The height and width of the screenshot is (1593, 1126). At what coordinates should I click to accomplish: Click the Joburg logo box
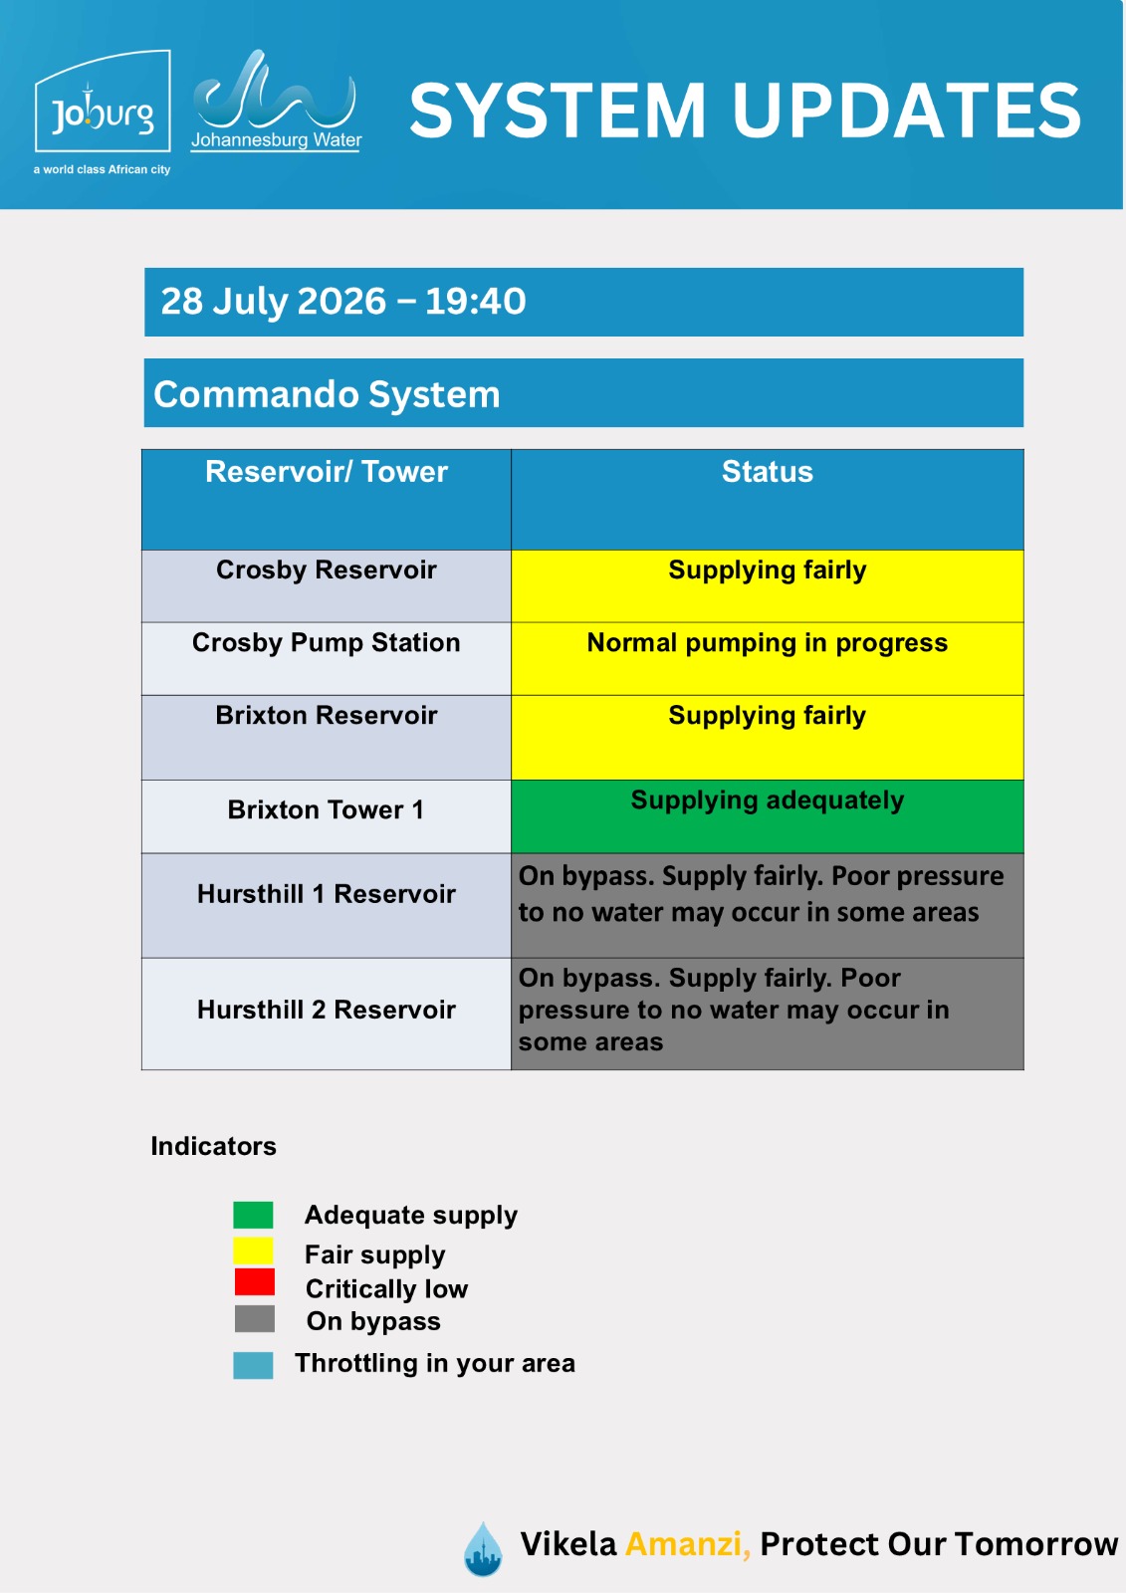click(103, 101)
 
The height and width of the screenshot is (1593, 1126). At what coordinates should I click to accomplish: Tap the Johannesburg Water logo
click(276, 101)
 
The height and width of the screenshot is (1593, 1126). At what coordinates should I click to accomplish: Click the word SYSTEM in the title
click(558, 111)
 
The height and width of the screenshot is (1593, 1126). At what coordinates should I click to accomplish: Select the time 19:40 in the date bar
click(475, 301)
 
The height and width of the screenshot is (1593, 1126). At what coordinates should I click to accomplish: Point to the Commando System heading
click(328, 394)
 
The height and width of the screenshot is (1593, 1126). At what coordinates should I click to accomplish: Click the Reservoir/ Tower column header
click(327, 472)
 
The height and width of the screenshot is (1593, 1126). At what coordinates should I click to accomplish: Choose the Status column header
click(767, 472)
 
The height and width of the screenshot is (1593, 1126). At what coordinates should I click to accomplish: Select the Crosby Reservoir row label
click(327, 569)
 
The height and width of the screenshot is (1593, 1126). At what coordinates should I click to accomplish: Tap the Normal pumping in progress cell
click(767, 658)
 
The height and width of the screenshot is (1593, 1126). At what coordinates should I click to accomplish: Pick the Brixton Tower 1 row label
click(326, 809)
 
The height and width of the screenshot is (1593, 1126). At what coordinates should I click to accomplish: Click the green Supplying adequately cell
click(767, 816)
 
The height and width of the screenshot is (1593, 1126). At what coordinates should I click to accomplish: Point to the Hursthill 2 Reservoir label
click(327, 1010)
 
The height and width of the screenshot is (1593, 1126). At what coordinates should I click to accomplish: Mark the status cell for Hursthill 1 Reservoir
click(767, 905)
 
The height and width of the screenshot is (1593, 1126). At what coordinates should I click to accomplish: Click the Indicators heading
click(213, 1146)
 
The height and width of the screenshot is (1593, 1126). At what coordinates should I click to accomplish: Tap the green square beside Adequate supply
click(253, 1215)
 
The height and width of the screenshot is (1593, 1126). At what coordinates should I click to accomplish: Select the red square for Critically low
click(255, 1281)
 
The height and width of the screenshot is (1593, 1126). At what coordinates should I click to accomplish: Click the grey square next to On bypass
click(255, 1318)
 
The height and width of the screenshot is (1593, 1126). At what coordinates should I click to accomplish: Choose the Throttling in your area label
click(435, 1363)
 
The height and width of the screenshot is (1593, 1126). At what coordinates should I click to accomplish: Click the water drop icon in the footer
click(483, 1548)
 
